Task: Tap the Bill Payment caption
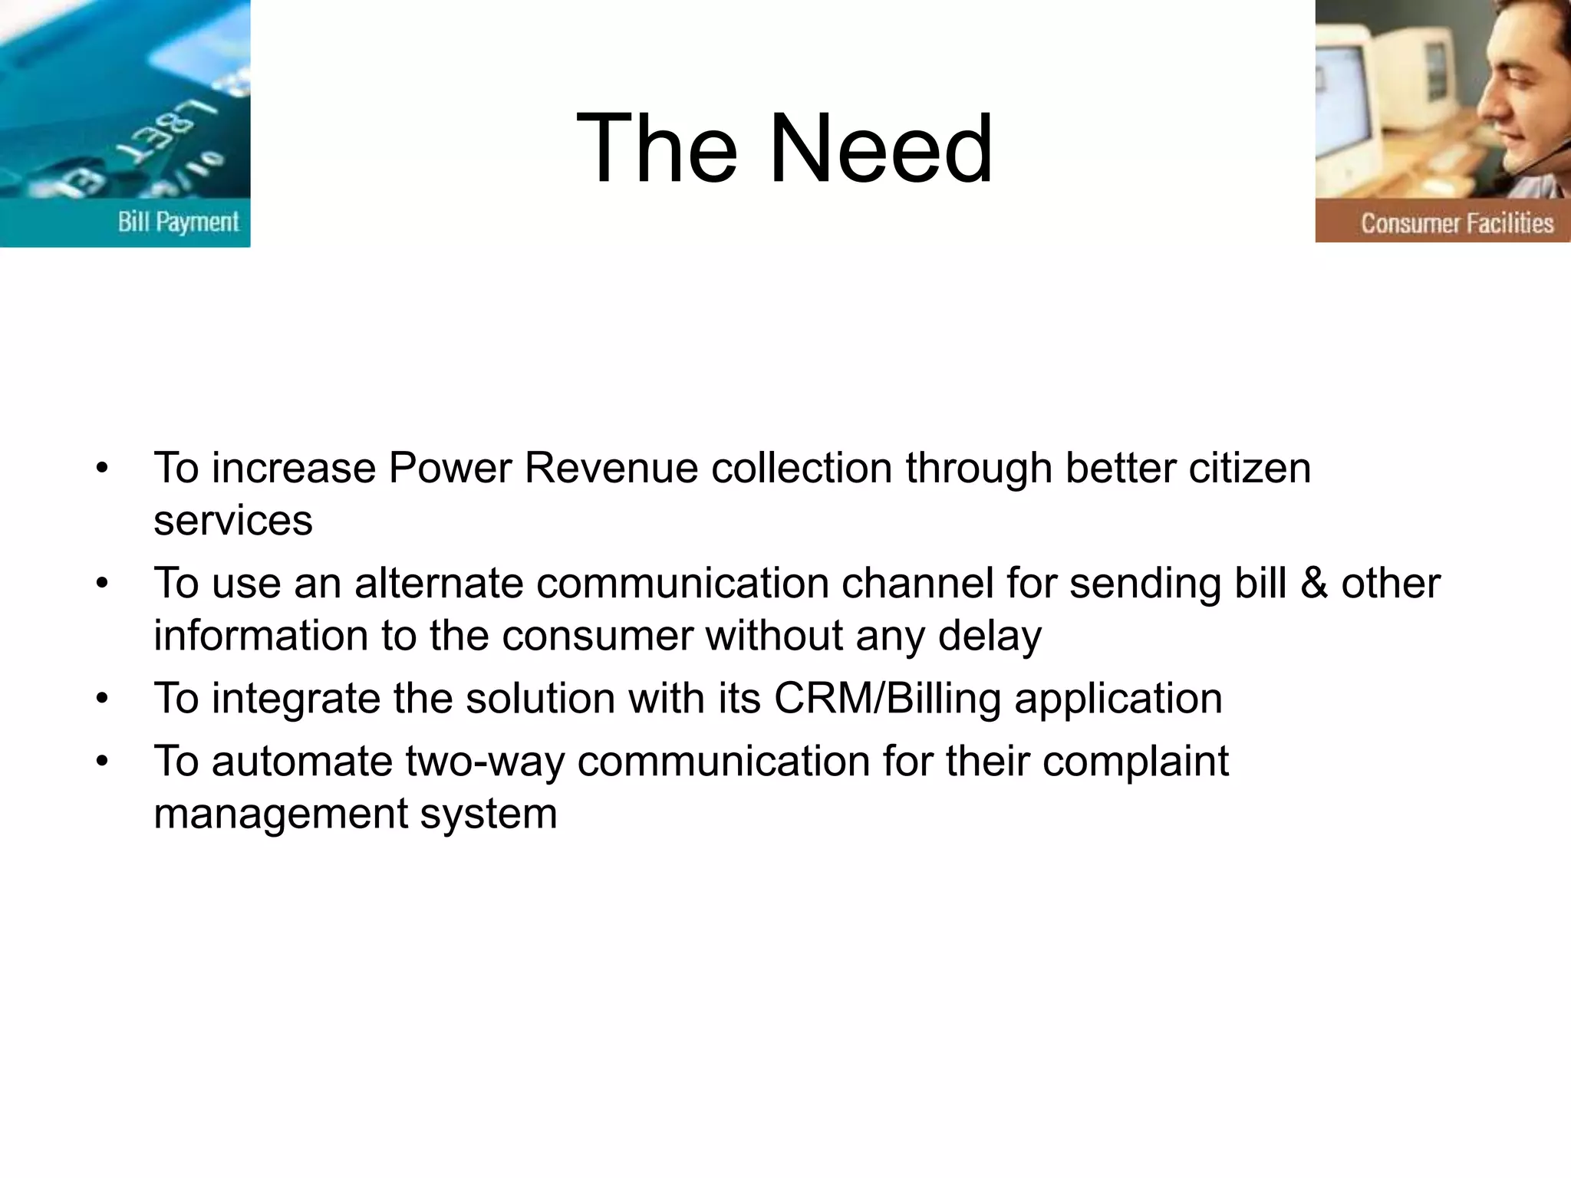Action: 178,222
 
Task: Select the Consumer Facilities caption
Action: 1457,223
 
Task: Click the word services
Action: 233,521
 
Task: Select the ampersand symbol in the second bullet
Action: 1314,583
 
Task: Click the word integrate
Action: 295,699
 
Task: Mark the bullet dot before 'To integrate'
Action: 103,699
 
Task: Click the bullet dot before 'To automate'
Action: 103,762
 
